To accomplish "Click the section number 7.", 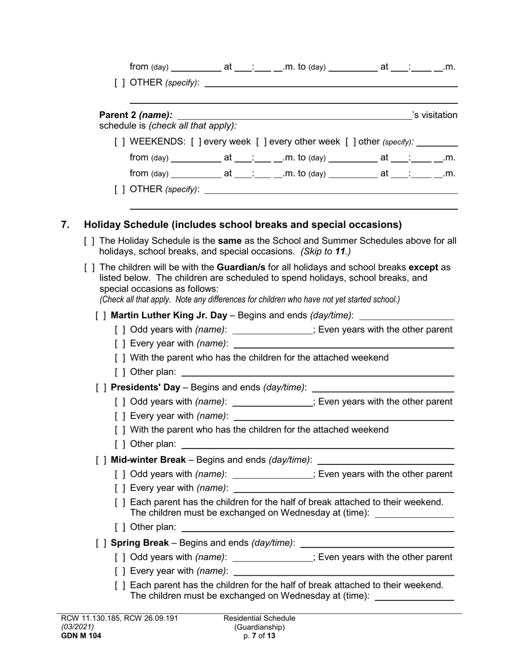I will [x=66, y=225].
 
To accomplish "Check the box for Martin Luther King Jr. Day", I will [x=101, y=316].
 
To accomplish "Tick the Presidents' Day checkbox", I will [x=101, y=387].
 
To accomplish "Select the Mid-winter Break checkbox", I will [x=101, y=459].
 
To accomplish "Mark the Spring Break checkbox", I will [x=101, y=543].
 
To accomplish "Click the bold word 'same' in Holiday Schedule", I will [x=229, y=240].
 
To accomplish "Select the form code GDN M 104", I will [x=81, y=636].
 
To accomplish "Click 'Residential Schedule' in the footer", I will [x=259, y=618].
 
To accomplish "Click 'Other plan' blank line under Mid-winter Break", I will [x=317, y=528].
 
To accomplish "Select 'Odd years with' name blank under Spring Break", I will [x=272, y=558].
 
